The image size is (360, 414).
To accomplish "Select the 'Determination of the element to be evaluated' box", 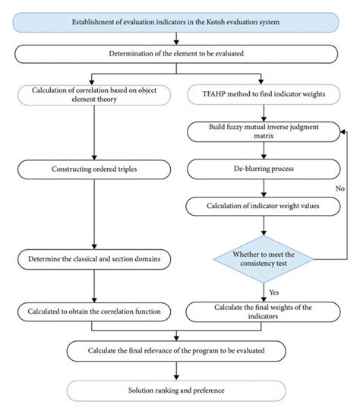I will [x=179, y=53].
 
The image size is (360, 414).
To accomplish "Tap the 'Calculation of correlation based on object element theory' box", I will [x=93, y=97].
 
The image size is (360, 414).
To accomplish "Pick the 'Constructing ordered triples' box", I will [x=93, y=168].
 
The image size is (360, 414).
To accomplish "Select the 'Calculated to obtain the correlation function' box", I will [x=93, y=311].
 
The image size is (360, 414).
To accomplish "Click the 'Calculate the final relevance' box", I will [x=177, y=351].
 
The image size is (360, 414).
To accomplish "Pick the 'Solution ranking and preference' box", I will [x=177, y=390].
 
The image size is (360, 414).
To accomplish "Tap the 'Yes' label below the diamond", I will [x=275, y=291].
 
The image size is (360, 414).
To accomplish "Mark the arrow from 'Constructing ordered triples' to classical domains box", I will [x=93, y=216].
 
